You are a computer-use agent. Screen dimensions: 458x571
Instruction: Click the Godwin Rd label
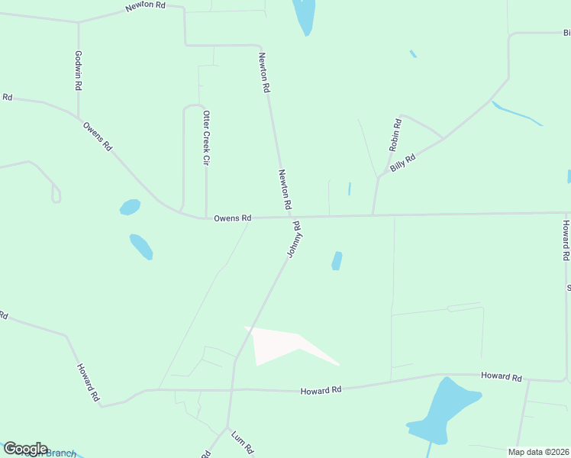click(x=78, y=71)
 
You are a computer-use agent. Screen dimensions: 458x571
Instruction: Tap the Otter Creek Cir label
click(x=205, y=138)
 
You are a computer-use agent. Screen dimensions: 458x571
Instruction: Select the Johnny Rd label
click(x=294, y=239)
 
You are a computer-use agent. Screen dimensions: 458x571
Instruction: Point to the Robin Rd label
click(x=395, y=134)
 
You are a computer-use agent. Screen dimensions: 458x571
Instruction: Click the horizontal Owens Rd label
click(x=232, y=218)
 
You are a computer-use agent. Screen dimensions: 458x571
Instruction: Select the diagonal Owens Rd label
click(x=98, y=136)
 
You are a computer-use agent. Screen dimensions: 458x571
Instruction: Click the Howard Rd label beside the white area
click(x=320, y=391)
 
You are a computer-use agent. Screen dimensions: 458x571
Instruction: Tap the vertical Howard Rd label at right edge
click(x=566, y=240)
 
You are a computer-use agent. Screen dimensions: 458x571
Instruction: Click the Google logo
click(x=25, y=449)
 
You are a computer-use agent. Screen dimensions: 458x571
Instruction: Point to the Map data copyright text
click(x=538, y=452)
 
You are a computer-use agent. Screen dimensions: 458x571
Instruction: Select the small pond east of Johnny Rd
click(x=337, y=261)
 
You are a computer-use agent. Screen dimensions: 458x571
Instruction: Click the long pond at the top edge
click(x=304, y=15)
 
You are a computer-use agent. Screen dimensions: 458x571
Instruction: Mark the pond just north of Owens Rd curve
click(x=130, y=207)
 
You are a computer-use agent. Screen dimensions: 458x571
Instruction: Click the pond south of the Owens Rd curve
click(x=141, y=246)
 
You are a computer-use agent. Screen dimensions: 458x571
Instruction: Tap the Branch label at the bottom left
click(x=61, y=453)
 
